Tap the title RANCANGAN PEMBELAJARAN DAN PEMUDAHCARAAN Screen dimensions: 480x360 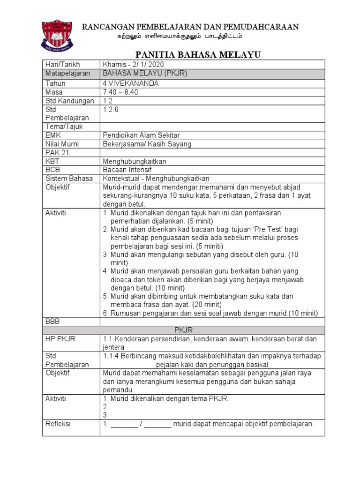pos(190,27)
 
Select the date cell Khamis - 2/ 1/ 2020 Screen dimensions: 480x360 pos(133,64)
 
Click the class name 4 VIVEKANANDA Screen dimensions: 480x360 pos(130,83)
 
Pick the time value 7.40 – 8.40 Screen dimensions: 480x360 pos(120,92)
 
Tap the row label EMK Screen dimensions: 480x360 pos(53,135)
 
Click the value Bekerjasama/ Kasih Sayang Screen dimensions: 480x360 pos(147,144)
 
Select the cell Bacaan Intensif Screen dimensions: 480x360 pos(127,170)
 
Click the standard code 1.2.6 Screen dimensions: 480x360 pos(111,109)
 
